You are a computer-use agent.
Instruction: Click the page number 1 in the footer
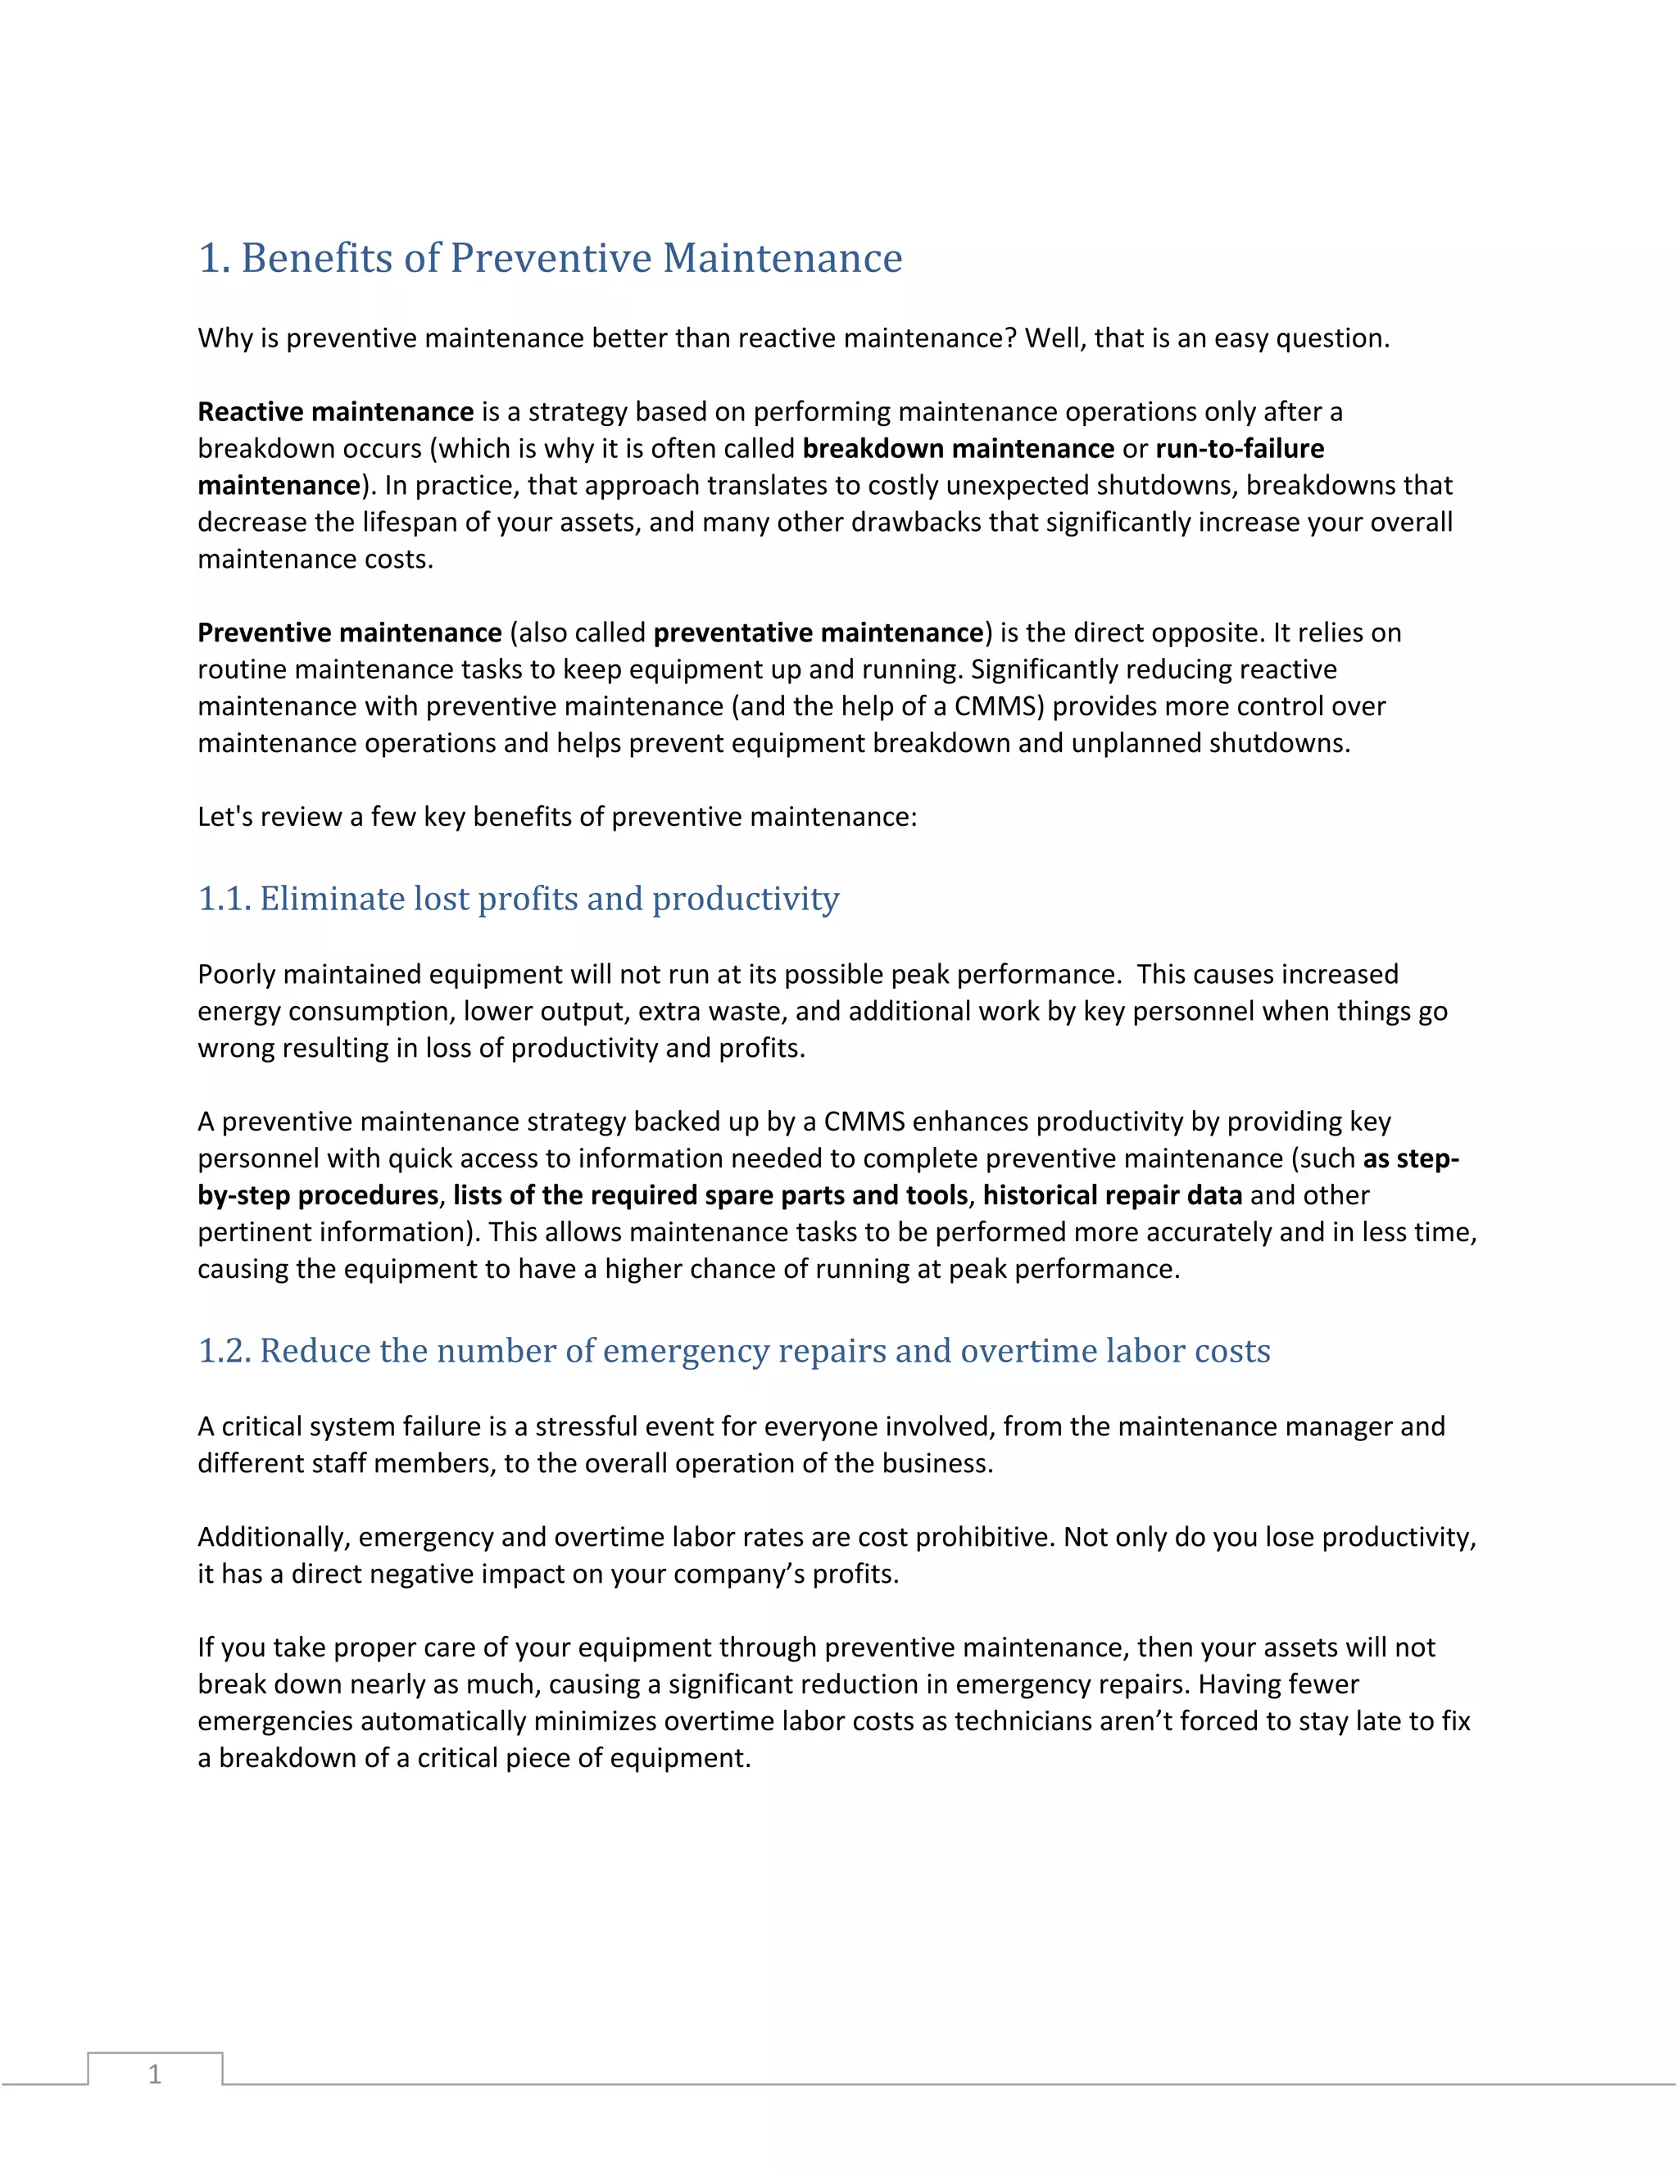[x=154, y=2074]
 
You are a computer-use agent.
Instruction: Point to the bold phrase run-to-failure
[x=1239, y=448]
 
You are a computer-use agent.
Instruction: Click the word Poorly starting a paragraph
[x=237, y=974]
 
